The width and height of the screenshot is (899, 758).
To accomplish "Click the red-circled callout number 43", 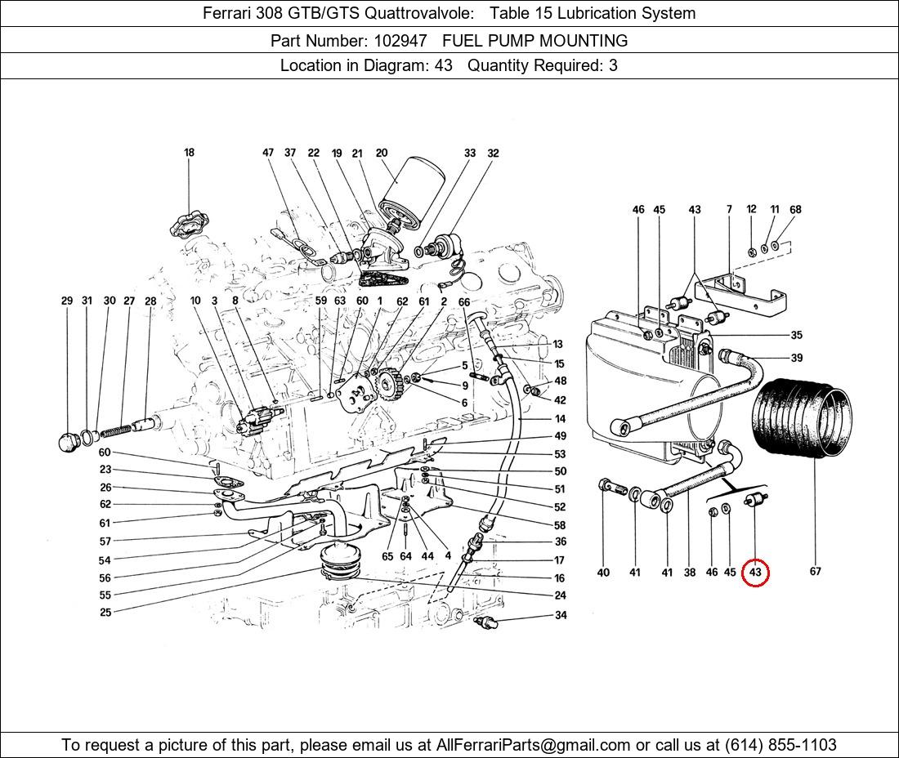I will (x=755, y=573).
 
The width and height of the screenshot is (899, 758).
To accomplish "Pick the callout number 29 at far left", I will (x=67, y=301).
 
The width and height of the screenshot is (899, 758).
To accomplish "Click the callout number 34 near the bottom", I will (x=561, y=615).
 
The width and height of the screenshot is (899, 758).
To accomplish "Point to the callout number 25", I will (x=105, y=612).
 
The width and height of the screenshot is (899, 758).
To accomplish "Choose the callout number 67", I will (x=815, y=571).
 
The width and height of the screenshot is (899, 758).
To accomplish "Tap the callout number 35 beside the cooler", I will (x=796, y=335).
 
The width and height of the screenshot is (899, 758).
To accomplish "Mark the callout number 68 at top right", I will (x=795, y=209).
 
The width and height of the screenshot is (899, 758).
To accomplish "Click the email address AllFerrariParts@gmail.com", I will (x=534, y=745).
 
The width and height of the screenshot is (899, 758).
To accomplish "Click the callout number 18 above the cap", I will (x=189, y=152).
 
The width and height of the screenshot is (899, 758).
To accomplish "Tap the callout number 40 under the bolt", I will (x=603, y=572).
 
